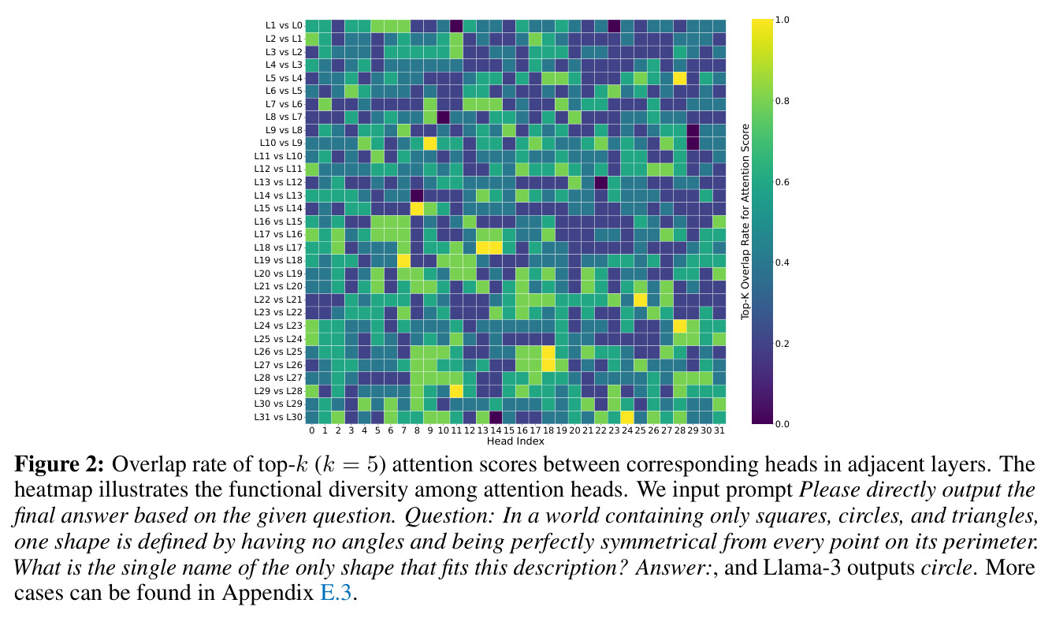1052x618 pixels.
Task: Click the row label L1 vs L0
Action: click(284, 25)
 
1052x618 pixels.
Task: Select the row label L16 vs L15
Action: click(278, 222)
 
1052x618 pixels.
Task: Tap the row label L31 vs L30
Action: click(278, 417)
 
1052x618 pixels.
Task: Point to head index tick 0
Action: click(312, 430)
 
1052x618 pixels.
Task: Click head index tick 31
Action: click(719, 430)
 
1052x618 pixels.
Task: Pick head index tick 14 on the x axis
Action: click(496, 430)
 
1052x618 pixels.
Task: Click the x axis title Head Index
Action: click(515, 441)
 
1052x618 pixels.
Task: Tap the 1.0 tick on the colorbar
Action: click(782, 20)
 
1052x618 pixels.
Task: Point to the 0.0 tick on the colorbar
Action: click(782, 424)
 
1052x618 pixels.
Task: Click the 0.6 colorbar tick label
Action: click(782, 182)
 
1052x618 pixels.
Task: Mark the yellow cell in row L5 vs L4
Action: click(679, 78)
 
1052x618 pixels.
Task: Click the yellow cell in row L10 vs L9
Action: click(429, 143)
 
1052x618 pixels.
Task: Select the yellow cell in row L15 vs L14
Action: click(417, 208)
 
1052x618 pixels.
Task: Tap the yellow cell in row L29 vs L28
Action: click(456, 391)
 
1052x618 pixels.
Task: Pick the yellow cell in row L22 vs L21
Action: click(640, 300)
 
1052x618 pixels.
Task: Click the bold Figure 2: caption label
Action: click(58, 464)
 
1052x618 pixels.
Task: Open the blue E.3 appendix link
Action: click(336, 593)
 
